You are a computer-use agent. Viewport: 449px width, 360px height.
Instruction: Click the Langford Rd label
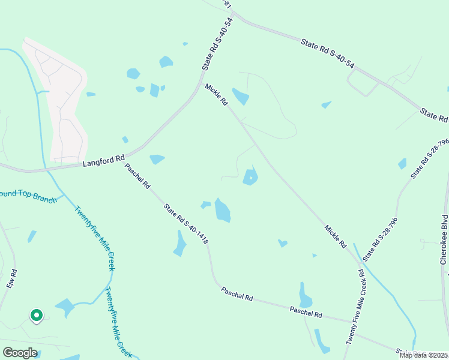point(97,161)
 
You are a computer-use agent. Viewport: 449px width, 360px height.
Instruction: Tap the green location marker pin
point(36,314)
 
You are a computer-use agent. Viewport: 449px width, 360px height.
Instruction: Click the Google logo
point(20,353)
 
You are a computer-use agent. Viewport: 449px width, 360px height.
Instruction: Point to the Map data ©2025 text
point(423,355)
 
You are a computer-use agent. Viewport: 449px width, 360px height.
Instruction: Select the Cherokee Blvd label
point(444,239)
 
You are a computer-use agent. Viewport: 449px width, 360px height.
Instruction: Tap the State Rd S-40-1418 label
point(186,224)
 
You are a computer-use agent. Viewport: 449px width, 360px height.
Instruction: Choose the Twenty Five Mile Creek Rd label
point(354,305)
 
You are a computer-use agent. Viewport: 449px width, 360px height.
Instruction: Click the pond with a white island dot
point(250,177)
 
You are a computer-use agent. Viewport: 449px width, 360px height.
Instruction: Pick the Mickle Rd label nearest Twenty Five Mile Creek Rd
point(335,236)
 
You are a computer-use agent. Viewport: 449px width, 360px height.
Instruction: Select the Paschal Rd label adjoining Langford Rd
point(137,176)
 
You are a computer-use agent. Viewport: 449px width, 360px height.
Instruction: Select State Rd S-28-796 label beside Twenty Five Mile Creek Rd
point(380,239)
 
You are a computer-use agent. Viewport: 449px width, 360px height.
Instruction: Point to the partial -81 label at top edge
point(226,4)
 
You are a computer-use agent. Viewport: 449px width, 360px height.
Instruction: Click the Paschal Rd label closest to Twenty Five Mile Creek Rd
point(306,312)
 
